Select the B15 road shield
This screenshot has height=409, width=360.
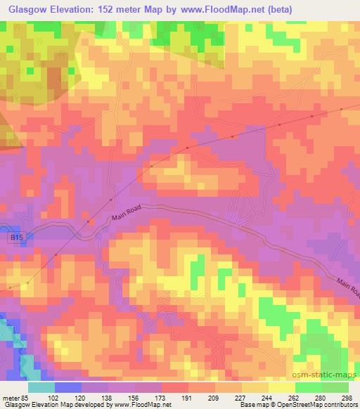point(18,239)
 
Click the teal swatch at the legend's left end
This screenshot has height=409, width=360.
point(41,387)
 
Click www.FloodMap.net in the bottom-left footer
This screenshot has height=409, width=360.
point(141,405)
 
